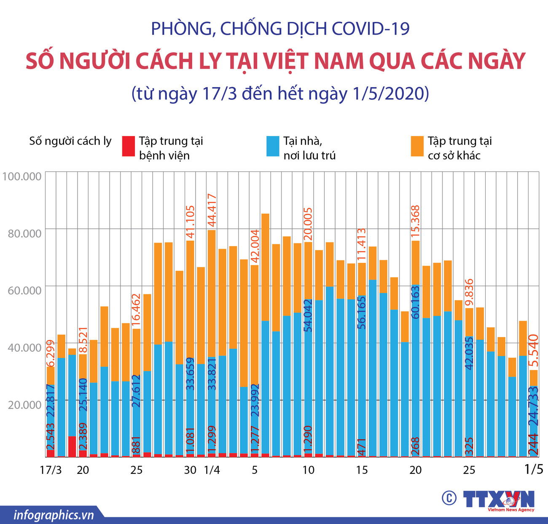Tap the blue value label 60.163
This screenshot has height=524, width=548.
coord(415,302)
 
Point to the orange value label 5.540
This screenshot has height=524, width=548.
coord(534,350)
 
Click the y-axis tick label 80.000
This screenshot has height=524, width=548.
coord(24,233)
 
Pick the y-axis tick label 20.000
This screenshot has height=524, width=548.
coord(24,405)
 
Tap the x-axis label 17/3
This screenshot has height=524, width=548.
coord(51,470)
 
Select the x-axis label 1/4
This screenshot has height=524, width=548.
coord(212,470)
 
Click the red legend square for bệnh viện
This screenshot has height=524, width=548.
coord(128,146)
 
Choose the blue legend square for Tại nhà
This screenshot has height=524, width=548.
coord(273,146)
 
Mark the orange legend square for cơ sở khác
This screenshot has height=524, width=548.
coord(417,146)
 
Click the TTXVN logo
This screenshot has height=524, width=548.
coord(499,500)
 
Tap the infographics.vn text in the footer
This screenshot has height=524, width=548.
coord(54,515)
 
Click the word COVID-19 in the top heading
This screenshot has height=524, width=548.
coord(371,29)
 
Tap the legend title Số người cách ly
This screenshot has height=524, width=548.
coord(70,141)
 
